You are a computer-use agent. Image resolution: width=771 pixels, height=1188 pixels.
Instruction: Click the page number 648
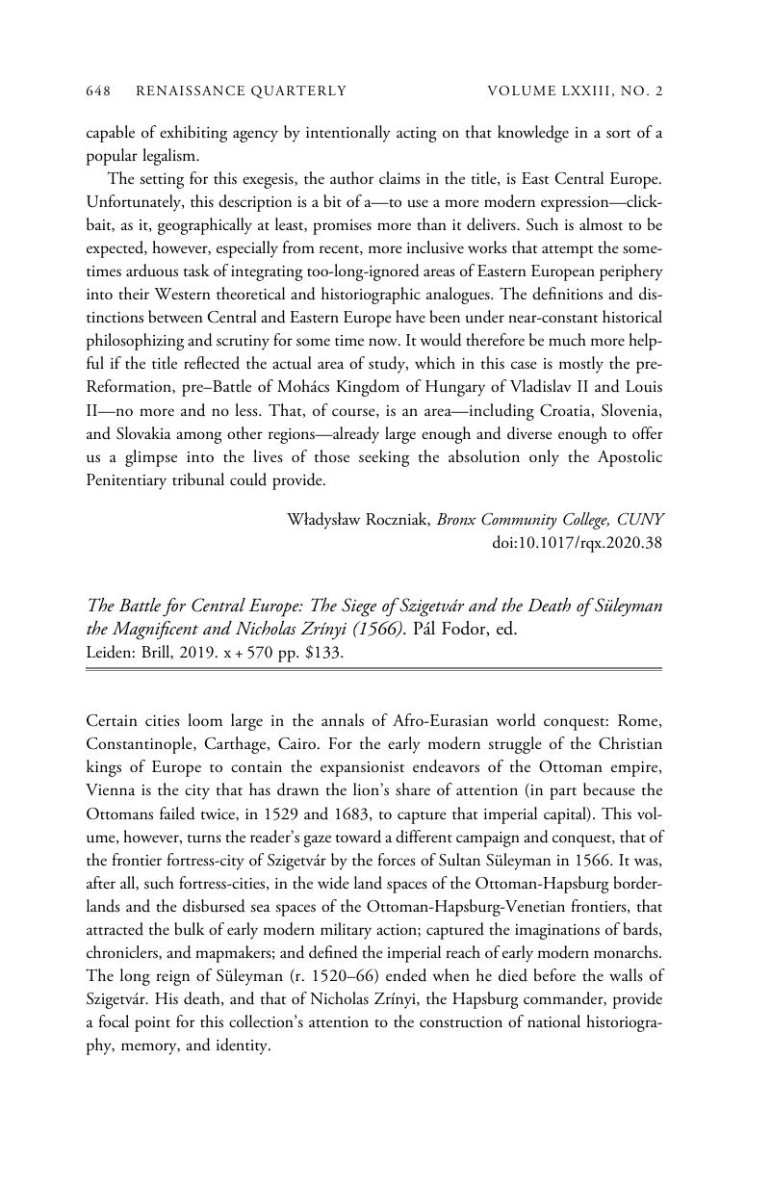[99, 91]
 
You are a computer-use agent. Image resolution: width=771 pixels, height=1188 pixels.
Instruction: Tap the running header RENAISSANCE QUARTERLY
[242, 91]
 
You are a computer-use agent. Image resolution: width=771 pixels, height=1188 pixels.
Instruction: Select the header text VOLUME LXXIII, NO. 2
[576, 91]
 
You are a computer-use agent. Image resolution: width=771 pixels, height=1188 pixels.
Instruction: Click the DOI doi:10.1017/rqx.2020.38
[578, 543]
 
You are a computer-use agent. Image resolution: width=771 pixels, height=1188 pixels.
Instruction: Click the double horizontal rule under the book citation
[374, 669]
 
